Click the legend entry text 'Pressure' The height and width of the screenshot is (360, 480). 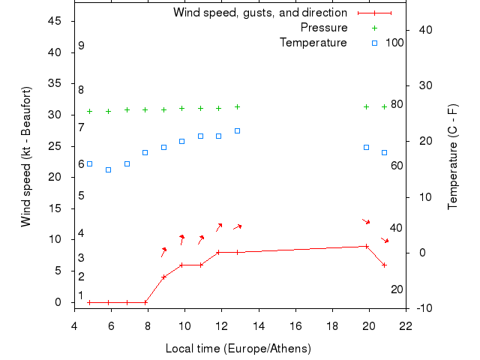click(x=324, y=28)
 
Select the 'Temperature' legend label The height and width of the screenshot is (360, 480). click(x=313, y=43)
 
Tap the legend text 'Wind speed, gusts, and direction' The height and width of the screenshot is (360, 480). click(x=260, y=13)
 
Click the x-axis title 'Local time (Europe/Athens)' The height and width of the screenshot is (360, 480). click(x=238, y=349)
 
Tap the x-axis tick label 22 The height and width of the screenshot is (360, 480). click(x=406, y=325)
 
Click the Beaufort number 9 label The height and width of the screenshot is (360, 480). click(x=81, y=46)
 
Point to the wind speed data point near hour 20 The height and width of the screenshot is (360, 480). click(x=366, y=246)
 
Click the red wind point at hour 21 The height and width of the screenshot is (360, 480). click(x=384, y=265)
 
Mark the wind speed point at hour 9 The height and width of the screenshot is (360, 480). click(x=163, y=277)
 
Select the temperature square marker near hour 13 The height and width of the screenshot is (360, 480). click(x=237, y=130)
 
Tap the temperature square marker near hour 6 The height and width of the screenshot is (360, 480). click(x=108, y=169)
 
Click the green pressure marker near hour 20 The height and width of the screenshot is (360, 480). click(x=366, y=106)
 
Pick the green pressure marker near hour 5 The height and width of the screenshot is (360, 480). click(x=89, y=111)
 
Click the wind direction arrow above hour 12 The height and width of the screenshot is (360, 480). click(x=218, y=226)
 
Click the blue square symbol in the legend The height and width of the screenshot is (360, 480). click(x=374, y=43)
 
